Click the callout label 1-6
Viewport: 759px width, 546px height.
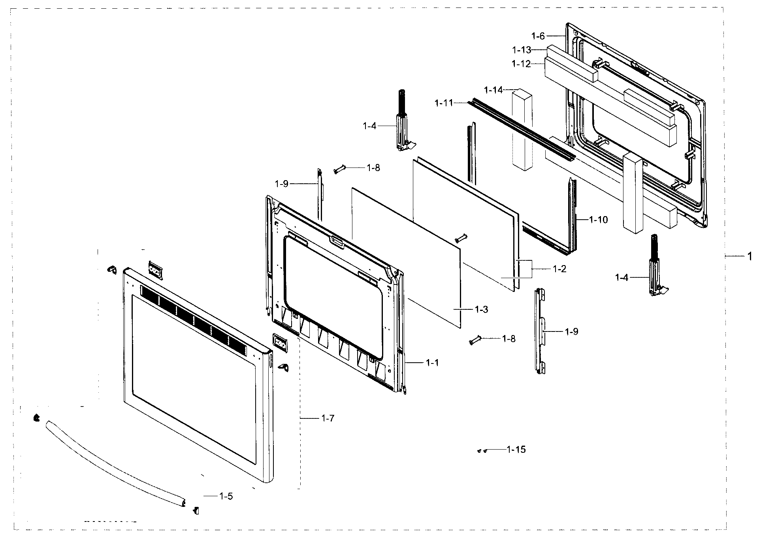click(x=538, y=36)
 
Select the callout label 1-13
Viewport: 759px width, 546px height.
click(x=522, y=50)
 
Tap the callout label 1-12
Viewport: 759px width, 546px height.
click(x=521, y=64)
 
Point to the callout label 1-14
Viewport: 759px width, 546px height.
click(x=493, y=90)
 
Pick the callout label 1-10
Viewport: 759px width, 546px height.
click(x=598, y=220)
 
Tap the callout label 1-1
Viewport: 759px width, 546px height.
click(x=432, y=362)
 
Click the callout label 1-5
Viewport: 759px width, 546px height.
click(x=226, y=496)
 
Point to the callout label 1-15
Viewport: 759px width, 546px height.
click(x=516, y=450)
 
